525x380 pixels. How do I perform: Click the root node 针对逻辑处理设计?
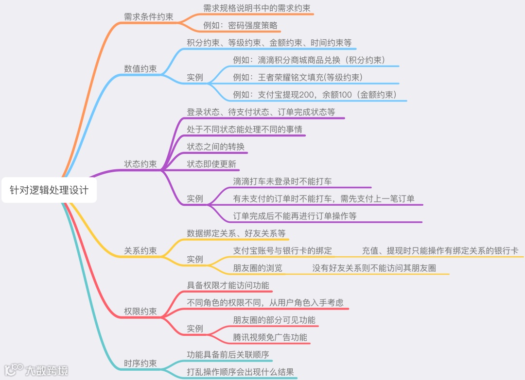pos(49,190)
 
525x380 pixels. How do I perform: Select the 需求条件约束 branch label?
pos(149,17)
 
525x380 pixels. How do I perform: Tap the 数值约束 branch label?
pos(140,68)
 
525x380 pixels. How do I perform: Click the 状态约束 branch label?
pos(140,164)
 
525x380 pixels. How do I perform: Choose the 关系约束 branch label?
pos(140,251)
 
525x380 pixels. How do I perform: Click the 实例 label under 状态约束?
pos(195,199)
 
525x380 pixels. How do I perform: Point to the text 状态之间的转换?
pos(216,147)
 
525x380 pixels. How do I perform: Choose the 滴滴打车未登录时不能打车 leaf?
pos(282,182)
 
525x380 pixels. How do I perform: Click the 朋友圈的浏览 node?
pos(258,268)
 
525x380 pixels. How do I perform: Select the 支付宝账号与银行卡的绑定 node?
pos(282,250)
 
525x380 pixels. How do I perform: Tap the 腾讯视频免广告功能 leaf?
pos(270,337)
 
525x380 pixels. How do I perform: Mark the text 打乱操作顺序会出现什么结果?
pos(241,372)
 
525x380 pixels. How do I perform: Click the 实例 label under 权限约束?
pos(195,329)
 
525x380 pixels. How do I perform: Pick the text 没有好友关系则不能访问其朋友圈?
pos(374,268)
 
